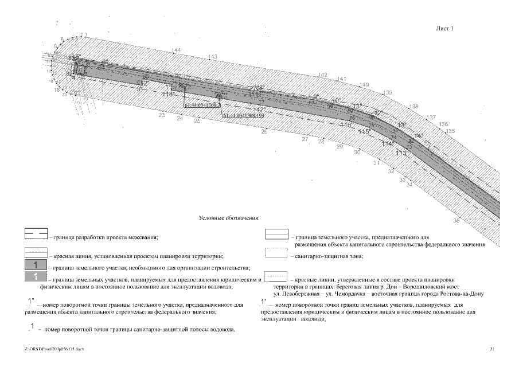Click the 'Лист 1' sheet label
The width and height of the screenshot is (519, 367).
[445, 28]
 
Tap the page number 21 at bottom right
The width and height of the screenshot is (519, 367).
[492, 348]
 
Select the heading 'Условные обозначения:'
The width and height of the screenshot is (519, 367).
[229, 218]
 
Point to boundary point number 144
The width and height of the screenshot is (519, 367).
[176, 50]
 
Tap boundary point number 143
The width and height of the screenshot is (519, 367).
[213, 56]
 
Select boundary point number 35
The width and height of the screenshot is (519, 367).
[456, 220]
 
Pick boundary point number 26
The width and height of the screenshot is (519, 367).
[264, 132]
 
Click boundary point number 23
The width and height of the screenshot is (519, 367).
[162, 115]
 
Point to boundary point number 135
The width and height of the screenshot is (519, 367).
[451, 131]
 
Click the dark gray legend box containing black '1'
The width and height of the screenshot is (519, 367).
[36, 264]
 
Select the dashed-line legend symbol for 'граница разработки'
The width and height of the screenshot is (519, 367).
[36, 235]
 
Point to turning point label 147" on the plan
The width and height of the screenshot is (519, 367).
[259, 109]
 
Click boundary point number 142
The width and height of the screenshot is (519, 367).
[323, 75]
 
